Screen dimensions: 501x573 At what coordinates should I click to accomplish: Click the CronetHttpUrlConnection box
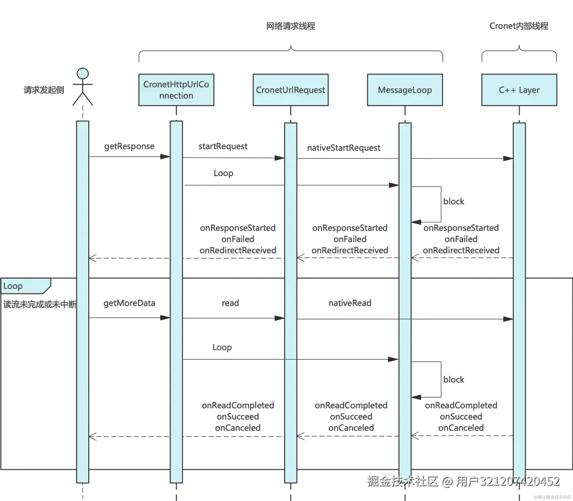[x=176, y=90]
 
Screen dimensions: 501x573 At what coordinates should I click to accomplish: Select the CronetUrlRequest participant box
[x=290, y=90]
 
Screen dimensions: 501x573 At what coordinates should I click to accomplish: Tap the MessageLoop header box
[x=404, y=90]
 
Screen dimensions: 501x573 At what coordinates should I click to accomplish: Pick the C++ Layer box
[x=519, y=90]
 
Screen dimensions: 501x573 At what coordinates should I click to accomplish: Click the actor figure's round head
[x=83, y=73]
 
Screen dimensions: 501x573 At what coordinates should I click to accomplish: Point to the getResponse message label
[x=129, y=146]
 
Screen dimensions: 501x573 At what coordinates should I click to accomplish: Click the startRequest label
[x=223, y=146]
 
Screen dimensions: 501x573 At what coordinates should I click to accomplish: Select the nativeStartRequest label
[x=344, y=148]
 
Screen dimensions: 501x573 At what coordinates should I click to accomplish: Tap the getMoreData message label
[x=129, y=303]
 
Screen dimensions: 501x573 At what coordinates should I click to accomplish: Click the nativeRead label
[x=350, y=303]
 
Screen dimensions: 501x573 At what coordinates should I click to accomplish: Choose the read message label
[x=231, y=303]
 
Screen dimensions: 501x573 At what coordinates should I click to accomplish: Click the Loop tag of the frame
[x=13, y=286]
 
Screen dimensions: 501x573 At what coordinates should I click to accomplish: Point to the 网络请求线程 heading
[x=291, y=26]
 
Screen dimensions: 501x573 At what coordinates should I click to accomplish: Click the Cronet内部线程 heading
[x=520, y=26]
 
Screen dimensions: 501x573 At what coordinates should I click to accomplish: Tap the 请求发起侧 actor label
[x=43, y=90]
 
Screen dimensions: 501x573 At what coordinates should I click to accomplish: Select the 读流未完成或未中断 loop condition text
[x=40, y=304]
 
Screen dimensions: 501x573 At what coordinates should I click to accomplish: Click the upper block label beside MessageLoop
[x=454, y=201]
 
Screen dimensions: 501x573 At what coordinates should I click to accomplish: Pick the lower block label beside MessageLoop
[x=454, y=380]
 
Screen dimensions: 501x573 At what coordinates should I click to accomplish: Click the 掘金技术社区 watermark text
[x=402, y=480]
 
